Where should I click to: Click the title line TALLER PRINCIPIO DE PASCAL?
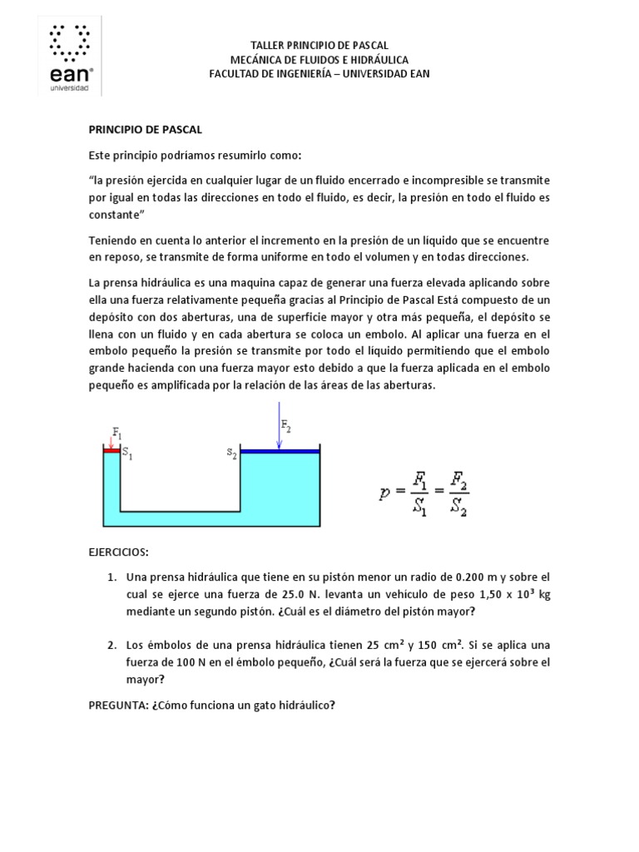pyautogui.click(x=319, y=45)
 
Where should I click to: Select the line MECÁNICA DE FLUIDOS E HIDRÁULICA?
pyautogui.click(x=319, y=59)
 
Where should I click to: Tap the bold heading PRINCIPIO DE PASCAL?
pyautogui.click(x=146, y=130)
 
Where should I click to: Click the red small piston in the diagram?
pyautogui.click(x=111, y=450)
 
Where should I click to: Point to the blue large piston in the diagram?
pyautogui.click(x=280, y=452)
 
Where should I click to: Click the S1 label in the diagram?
pyautogui.click(x=127, y=453)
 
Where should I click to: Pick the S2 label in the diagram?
pyautogui.click(x=231, y=453)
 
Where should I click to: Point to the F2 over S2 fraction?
pyautogui.click(x=456, y=493)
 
